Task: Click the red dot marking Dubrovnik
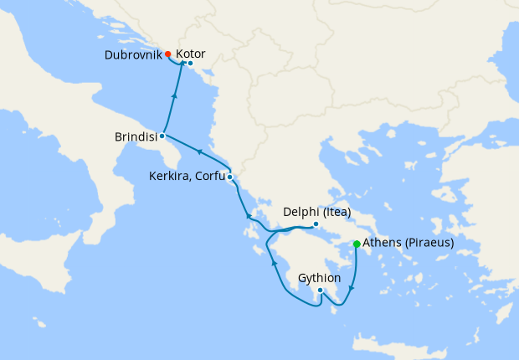[168, 55]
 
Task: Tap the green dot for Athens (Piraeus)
[357, 244]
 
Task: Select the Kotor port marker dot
[190, 64]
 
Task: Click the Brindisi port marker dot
[161, 136]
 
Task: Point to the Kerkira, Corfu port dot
[229, 177]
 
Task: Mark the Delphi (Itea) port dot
[316, 224]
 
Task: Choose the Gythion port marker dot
[320, 291]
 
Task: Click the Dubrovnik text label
[133, 55]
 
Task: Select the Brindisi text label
[136, 136]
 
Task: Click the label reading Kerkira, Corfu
[187, 177]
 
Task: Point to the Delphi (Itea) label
[317, 212]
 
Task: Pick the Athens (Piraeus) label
[409, 244]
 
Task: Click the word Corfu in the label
[210, 177]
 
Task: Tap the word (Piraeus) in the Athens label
[427, 244]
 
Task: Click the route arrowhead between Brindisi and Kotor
[173, 96]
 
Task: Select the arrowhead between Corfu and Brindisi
[198, 152]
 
